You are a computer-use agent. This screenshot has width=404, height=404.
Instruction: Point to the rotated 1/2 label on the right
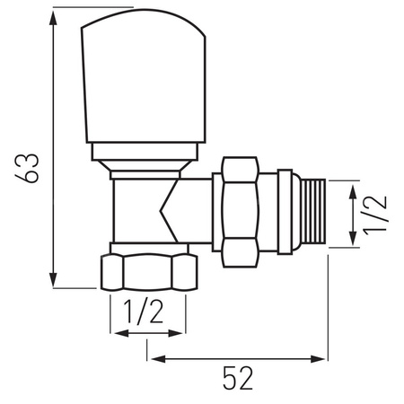point(378,214)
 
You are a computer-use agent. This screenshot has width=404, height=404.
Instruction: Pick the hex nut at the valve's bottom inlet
point(148,271)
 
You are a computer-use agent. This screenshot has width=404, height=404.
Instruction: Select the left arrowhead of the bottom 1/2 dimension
point(116,335)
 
